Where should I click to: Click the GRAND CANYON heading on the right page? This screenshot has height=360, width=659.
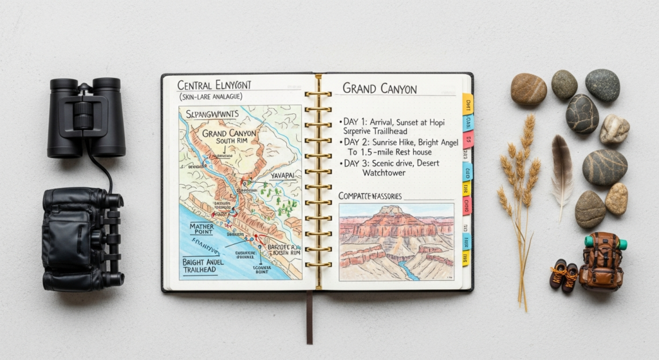(x=380, y=89)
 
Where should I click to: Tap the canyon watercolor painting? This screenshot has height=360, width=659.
(x=396, y=242)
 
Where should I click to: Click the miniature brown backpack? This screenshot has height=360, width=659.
(x=602, y=261)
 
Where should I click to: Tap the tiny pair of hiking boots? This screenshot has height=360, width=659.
(x=563, y=276)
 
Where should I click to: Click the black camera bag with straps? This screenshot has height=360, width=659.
(x=82, y=238)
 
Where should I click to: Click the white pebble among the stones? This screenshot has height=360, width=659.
(x=614, y=129)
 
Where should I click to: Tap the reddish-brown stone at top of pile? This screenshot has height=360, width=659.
(x=528, y=89)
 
